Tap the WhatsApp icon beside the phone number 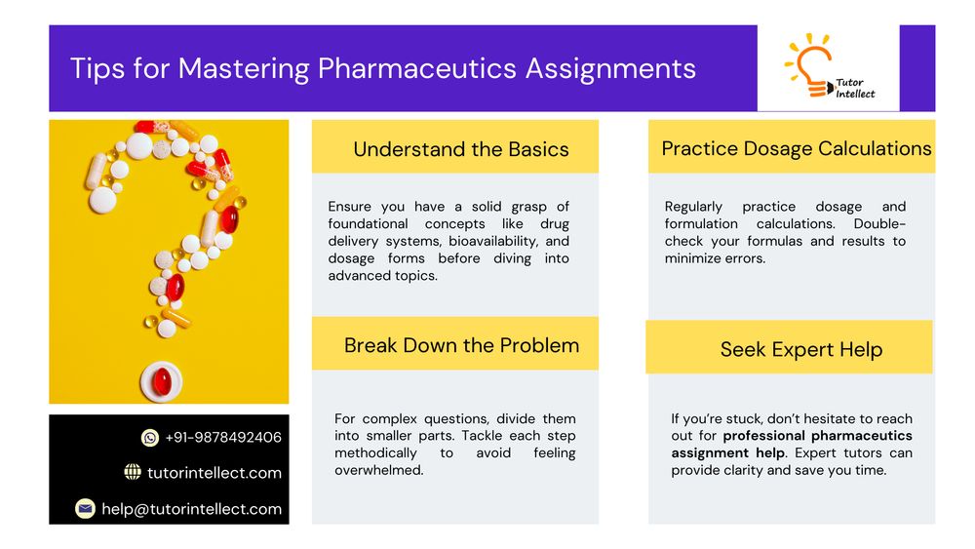click(150, 438)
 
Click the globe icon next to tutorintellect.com click(133, 472)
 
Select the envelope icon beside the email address click(85, 509)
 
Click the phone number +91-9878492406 click(223, 438)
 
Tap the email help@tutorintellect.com click(191, 509)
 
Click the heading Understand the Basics click(461, 149)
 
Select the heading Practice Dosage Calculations click(797, 148)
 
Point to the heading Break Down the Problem click(461, 345)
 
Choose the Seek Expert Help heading click(801, 349)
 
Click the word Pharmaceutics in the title click(417, 68)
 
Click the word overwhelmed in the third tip click(378, 470)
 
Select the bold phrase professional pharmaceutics click(818, 436)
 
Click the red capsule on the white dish click(162, 380)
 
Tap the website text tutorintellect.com click(214, 473)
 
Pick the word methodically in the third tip click(375, 453)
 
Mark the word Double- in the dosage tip click(879, 224)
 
